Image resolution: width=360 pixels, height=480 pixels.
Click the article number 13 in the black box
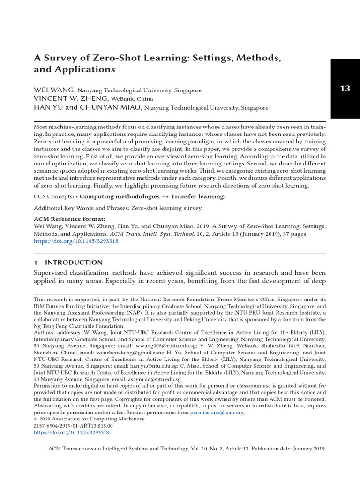tap(345, 89)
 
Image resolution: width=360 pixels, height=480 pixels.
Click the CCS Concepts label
tap(52, 197)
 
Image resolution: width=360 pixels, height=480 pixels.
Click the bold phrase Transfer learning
tap(197, 197)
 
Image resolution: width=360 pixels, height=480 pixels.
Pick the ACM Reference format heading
tap(70, 219)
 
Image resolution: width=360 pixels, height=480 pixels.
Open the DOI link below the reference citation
tap(76, 241)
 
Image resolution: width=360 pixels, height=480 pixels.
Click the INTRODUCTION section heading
tap(74, 262)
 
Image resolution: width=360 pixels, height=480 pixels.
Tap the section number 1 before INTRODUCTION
tap(36, 262)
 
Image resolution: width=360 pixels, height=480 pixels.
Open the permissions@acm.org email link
tap(217, 412)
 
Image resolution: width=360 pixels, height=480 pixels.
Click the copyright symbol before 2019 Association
tap(36, 419)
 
